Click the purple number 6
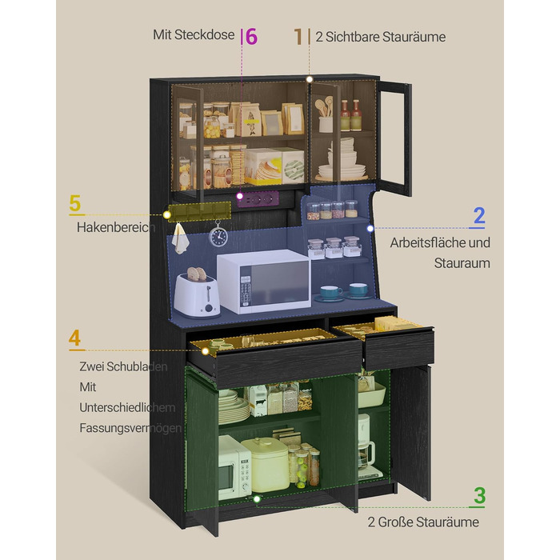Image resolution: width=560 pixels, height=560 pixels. coord(251,37)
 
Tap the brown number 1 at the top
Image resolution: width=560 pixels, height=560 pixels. coord(298,37)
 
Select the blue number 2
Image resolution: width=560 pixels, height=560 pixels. coord(478,216)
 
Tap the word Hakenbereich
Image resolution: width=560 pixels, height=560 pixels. coord(116,227)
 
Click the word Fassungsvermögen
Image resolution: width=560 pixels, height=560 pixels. coord(130,428)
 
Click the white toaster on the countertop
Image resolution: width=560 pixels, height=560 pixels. coord(197,294)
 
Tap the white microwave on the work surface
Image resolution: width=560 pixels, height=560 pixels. coord(264,281)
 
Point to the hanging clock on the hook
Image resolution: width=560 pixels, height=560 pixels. coord(218,234)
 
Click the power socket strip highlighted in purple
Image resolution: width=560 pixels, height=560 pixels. coord(258,198)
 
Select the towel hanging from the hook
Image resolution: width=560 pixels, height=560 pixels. coord(180,238)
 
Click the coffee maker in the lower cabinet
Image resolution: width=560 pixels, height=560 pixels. coord(367,447)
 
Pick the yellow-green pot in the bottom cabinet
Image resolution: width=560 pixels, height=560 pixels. coord(266,463)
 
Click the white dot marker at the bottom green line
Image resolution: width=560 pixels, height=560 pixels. coord(257,499)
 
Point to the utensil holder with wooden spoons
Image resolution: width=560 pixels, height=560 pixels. coord(325,115)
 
